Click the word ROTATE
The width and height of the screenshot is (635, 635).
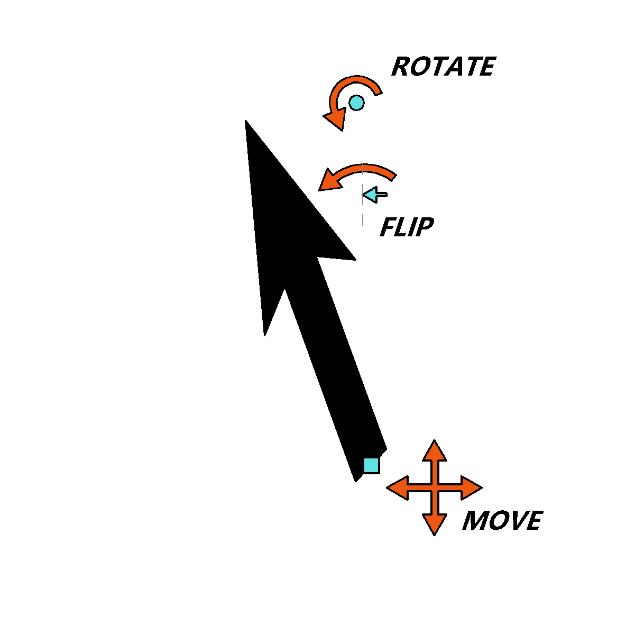pyautogui.click(x=444, y=66)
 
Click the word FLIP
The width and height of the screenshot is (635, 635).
pyautogui.click(x=407, y=227)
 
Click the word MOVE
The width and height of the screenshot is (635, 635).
pyautogui.click(x=502, y=521)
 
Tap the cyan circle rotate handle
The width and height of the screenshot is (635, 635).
pyautogui.click(x=356, y=103)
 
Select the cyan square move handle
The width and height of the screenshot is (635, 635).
pyautogui.click(x=371, y=465)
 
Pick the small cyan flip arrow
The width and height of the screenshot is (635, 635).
pyautogui.click(x=375, y=195)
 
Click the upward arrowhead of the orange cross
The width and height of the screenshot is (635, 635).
pyautogui.click(x=434, y=450)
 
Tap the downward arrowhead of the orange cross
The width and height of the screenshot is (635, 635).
pyautogui.click(x=434, y=524)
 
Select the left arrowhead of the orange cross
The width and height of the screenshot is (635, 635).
pyautogui.click(x=398, y=487)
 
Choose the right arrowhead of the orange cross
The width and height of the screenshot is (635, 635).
pyautogui.click(x=472, y=487)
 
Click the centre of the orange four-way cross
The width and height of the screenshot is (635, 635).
pyautogui.click(x=434, y=487)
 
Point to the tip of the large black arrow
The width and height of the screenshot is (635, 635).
pyautogui.click(x=245, y=120)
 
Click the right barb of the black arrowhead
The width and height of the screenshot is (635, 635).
pyautogui.click(x=356, y=260)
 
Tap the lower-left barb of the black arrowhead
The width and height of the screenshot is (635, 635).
pyautogui.click(x=264, y=336)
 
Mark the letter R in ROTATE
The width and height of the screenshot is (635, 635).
pyautogui.click(x=400, y=66)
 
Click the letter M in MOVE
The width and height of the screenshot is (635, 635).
pyautogui.click(x=474, y=521)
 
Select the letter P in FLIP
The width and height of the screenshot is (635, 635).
pyautogui.click(x=425, y=227)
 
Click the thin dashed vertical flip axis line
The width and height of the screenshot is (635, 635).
pyautogui.click(x=363, y=195)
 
